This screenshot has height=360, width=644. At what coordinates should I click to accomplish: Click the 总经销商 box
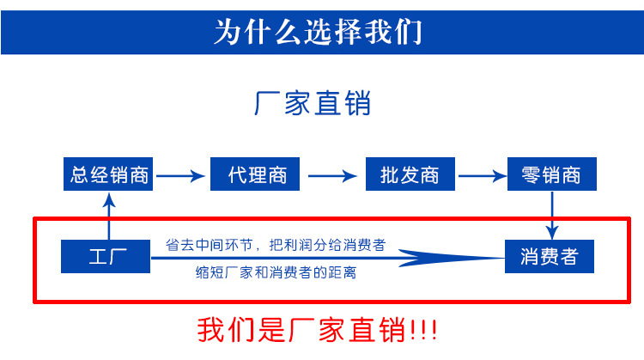pyautogui.click(x=110, y=175)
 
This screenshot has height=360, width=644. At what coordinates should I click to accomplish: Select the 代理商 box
pyautogui.click(x=257, y=175)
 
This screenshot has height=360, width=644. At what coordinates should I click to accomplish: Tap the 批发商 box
pyautogui.click(x=409, y=175)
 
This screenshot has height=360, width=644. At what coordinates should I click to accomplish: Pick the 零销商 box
pyautogui.click(x=551, y=175)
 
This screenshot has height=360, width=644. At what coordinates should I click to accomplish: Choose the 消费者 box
pyautogui.click(x=550, y=256)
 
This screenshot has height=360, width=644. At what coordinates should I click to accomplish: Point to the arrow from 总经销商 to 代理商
pyautogui.click(x=182, y=176)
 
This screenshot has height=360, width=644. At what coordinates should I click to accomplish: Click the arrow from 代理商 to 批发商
pyautogui.click(x=332, y=176)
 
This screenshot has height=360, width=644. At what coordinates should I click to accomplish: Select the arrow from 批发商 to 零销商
pyautogui.click(x=481, y=176)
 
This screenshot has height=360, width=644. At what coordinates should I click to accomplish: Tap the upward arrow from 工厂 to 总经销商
pyautogui.click(x=109, y=216)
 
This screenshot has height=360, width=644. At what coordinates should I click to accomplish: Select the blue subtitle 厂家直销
pyautogui.click(x=313, y=104)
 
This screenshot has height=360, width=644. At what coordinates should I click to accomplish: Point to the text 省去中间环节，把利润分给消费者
pyautogui.click(x=275, y=245)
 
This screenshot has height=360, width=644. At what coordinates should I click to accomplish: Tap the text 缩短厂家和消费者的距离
pyautogui.click(x=276, y=273)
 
